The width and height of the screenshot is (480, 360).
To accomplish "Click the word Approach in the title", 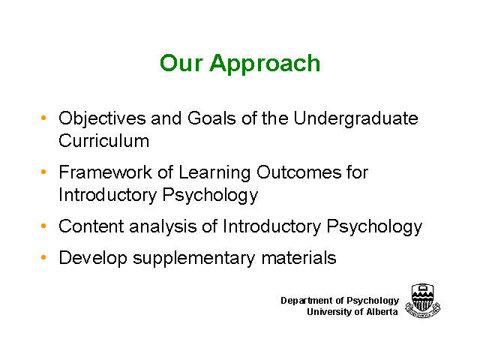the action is [265, 64].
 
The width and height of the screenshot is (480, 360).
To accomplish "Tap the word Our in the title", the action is [181, 63].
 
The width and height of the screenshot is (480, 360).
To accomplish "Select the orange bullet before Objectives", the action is [43, 118].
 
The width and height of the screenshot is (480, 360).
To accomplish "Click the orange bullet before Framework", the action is [43, 172].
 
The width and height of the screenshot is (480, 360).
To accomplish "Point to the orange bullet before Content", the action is [43, 226].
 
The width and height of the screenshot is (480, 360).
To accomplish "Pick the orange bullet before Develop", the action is [43, 257].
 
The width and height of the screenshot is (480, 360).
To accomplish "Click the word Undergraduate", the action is [355, 119].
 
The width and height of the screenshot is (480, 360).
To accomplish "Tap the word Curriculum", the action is [104, 141].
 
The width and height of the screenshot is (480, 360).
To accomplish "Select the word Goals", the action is [211, 118].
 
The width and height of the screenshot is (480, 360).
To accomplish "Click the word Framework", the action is [105, 172].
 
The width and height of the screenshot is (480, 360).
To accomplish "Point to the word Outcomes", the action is [298, 172].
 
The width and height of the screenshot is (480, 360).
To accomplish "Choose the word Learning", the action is [214, 173].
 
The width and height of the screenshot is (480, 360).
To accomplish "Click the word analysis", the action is [163, 227].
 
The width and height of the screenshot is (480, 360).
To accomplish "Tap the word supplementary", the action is [193, 259].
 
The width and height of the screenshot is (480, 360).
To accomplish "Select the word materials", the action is [299, 258].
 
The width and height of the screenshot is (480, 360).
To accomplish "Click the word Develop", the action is [93, 258].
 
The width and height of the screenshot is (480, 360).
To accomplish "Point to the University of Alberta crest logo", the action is [423, 301].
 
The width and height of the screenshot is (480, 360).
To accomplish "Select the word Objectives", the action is [102, 119].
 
